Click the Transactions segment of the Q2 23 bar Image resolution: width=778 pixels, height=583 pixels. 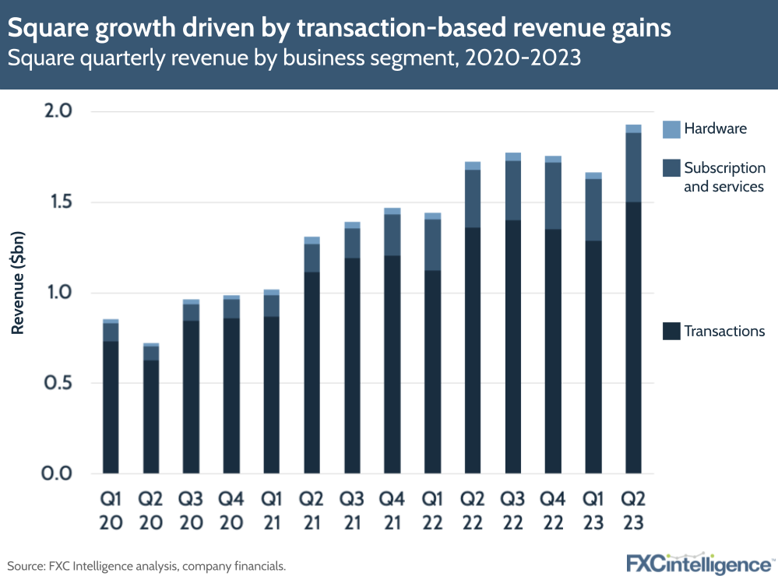coord(633,337)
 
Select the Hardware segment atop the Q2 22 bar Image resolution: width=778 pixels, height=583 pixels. coord(472,166)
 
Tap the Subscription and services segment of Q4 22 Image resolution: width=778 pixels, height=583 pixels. coord(553,195)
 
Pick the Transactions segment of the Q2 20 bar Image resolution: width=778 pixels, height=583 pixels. coord(151,416)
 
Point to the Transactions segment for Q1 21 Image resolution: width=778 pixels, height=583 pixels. coord(272,395)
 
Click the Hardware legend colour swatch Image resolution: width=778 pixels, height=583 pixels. coord(671,129)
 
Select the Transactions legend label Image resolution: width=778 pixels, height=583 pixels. coord(724,332)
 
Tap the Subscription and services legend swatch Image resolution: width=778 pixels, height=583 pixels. coord(671,168)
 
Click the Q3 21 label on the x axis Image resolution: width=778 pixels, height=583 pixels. coord(352,511)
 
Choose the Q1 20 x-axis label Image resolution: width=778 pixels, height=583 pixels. coord(111,511)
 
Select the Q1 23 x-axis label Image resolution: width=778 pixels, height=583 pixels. coord(593,511)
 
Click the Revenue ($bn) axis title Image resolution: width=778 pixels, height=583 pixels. coord(18,283)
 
